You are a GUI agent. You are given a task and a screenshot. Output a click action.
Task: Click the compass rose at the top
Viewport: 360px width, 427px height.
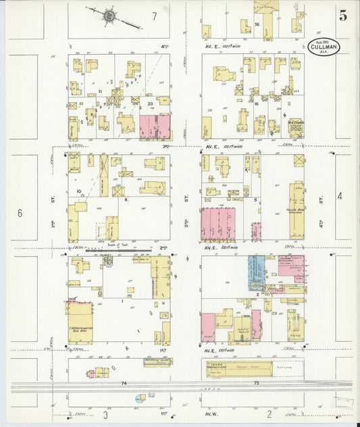click(x=109, y=14)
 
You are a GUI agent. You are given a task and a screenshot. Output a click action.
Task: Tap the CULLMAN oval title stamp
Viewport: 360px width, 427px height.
click(x=324, y=46)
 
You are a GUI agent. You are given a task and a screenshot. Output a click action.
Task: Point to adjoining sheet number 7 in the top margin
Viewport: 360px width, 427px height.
click(x=154, y=15)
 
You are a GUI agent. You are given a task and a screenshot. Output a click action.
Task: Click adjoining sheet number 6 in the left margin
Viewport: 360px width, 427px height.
click(x=20, y=213)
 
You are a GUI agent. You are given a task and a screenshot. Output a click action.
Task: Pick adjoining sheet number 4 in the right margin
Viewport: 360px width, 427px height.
click(x=340, y=196)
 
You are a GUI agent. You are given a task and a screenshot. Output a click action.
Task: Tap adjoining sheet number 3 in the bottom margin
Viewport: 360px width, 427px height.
click(x=105, y=413)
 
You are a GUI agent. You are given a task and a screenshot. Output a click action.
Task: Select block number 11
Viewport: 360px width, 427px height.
click(x=100, y=90)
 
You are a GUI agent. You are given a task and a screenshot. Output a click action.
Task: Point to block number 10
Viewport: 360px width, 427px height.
click(x=79, y=192)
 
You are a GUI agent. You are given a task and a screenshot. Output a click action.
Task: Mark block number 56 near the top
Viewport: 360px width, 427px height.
click(x=258, y=24)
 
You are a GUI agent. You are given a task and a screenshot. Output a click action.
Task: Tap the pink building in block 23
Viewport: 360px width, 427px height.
click(x=155, y=127)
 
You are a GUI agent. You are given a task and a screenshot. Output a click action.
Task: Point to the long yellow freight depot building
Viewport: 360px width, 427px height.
click(x=239, y=368)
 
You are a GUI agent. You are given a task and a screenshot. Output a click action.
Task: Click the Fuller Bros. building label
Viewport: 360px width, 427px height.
click(x=296, y=210)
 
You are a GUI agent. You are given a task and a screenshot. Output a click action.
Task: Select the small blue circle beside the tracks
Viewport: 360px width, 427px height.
click(x=138, y=399)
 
